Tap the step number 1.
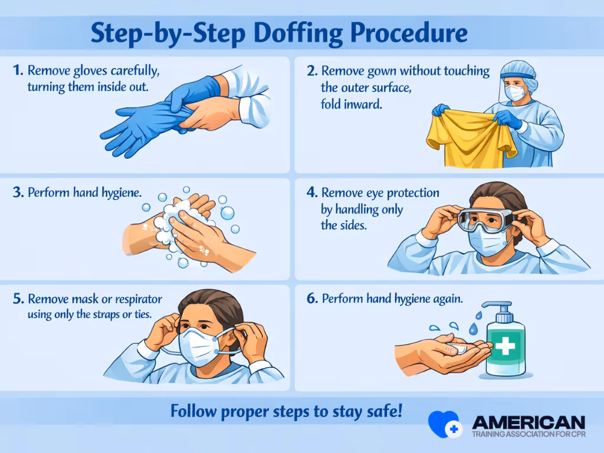point(17,71)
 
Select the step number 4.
point(311,193)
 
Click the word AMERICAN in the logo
point(528,422)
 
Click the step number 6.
point(312,299)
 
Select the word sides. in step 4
point(352,225)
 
